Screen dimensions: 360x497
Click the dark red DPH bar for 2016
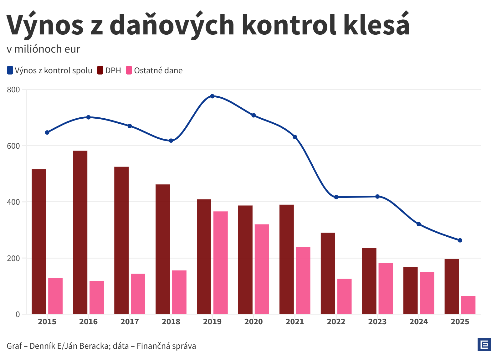[x=80, y=232]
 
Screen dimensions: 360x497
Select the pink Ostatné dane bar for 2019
[x=221, y=263]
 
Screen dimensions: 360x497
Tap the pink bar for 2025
[x=468, y=305]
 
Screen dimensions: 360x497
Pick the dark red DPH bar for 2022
[x=328, y=273]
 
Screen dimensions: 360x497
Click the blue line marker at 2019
[x=212, y=96]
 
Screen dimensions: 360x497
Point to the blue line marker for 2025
[x=460, y=240]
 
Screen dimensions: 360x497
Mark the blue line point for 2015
[x=47, y=132]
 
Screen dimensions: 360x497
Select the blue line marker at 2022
[x=336, y=197]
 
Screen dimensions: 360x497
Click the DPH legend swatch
[x=100, y=70]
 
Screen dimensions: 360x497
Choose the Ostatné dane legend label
[x=158, y=70]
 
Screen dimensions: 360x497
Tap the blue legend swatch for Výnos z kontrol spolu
[x=10, y=70]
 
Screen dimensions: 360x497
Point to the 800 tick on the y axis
[x=13, y=90]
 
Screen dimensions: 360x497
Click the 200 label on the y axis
[x=13, y=258]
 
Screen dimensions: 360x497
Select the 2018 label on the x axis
[x=171, y=321]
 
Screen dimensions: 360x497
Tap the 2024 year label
[x=419, y=321]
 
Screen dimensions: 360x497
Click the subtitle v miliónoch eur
[x=44, y=49]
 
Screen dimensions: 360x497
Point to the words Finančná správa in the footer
[x=166, y=346]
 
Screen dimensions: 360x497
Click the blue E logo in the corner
[x=484, y=345]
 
